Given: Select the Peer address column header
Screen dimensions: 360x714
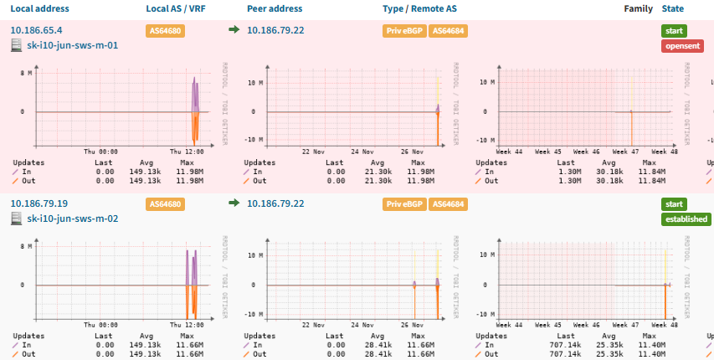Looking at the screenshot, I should [275, 8].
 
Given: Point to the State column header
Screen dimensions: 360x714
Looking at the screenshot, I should [672, 8].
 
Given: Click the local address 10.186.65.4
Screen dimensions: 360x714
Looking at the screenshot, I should [36, 30].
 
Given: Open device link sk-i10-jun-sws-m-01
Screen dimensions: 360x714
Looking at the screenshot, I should [72, 45].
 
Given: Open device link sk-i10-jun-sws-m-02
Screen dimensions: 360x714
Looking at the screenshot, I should [72, 219].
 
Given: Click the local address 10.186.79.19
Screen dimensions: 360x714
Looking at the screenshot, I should [39, 203].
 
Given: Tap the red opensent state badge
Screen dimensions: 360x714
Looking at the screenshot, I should [682, 46].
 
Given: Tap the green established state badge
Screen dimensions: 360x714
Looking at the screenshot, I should [686, 219].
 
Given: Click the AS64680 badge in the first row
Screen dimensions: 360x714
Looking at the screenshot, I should [165, 31].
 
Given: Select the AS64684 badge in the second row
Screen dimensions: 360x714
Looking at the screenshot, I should [449, 204].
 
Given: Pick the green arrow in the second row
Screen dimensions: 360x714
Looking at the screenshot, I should [234, 203].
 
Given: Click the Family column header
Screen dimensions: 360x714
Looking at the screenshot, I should [638, 8].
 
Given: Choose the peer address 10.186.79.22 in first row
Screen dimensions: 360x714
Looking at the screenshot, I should [275, 30].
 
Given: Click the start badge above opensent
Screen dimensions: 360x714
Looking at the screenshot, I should [674, 31].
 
